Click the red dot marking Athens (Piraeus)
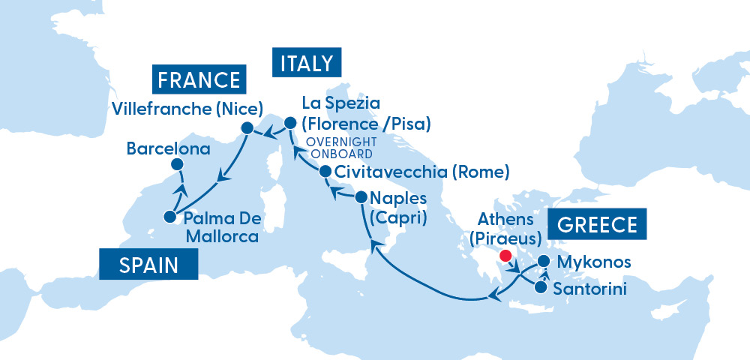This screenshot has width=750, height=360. [x=505, y=256]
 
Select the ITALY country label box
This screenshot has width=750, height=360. [x=306, y=63]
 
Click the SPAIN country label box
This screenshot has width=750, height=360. [x=148, y=265]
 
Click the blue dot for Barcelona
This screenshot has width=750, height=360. [x=176, y=164]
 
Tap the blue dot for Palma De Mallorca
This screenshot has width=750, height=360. [x=170, y=218]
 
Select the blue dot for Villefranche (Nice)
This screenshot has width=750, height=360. [x=246, y=128]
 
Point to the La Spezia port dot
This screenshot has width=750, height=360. [x=290, y=121]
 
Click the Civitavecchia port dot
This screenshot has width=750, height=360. [x=325, y=172]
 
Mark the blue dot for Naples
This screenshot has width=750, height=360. [x=360, y=198]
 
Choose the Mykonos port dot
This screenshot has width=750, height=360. [x=544, y=262]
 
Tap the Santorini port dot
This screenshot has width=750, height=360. [x=541, y=286]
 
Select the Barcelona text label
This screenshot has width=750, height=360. [x=167, y=148]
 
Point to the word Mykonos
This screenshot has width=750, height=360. [x=589, y=262]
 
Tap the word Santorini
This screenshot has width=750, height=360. [x=589, y=287]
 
